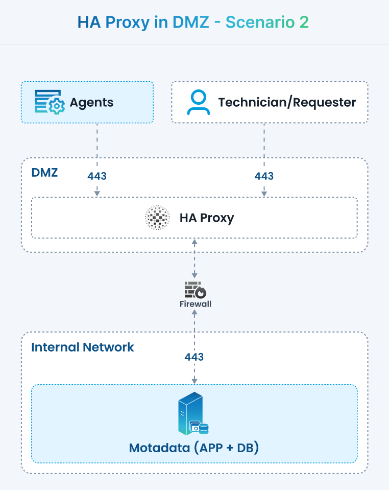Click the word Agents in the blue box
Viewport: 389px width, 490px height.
tap(91, 103)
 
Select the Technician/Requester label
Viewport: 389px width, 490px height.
tap(287, 102)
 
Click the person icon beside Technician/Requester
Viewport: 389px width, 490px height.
tap(198, 102)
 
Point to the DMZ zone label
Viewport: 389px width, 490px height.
tap(44, 172)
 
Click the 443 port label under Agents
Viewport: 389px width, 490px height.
tap(97, 176)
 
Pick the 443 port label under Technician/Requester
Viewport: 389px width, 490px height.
tap(264, 176)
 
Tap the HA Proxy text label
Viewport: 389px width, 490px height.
tap(206, 218)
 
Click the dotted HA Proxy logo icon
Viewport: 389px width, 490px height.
tap(157, 218)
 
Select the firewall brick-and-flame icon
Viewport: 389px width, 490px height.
tap(195, 290)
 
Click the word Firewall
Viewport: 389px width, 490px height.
tap(195, 304)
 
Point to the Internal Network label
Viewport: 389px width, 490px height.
tap(82, 347)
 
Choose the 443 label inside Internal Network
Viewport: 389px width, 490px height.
tap(195, 357)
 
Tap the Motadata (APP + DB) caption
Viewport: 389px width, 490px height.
tap(194, 448)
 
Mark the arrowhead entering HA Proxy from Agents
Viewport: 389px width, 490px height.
tap(97, 194)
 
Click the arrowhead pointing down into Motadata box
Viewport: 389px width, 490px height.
tap(195, 381)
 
